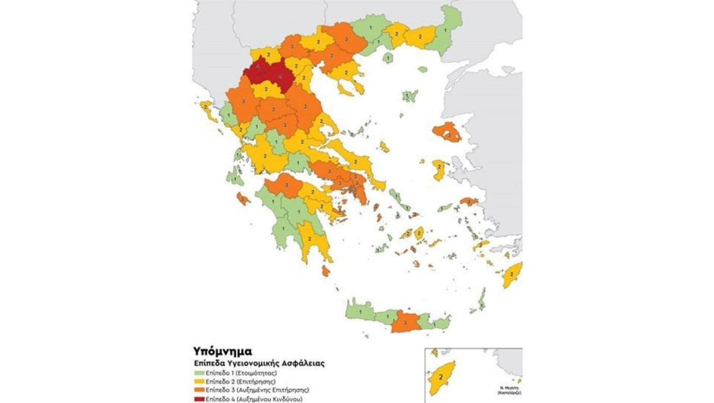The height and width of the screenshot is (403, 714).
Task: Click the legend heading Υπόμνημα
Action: click(222, 351)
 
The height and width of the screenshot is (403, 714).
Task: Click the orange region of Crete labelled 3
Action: click(405, 322)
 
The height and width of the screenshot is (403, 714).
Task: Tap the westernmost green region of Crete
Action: click(360, 310)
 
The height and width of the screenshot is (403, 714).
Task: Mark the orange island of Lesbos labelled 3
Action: click(447, 133)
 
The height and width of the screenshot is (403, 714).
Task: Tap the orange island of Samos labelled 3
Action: click(469, 202)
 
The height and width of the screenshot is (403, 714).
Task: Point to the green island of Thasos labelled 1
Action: click(388, 58)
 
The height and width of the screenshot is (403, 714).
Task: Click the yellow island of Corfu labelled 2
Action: click(207, 108)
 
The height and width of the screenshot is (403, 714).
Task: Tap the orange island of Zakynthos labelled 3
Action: click(243, 198)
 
